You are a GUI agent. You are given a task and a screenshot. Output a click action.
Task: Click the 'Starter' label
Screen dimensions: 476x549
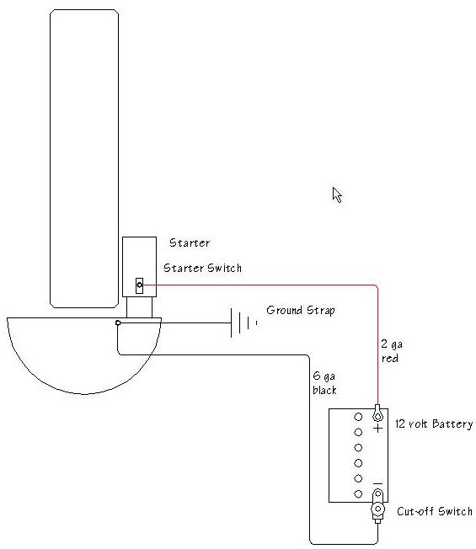click(190, 243)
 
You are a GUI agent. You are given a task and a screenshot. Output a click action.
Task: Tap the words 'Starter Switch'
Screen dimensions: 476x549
click(202, 268)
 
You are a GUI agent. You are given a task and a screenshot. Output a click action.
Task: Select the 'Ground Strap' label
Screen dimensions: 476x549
click(301, 310)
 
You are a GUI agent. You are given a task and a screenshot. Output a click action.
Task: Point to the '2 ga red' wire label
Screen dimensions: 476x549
click(392, 351)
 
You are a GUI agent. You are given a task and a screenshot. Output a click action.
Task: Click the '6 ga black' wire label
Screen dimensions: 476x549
click(324, 382)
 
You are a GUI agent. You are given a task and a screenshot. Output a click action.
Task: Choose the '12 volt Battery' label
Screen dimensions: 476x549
click(434, 424)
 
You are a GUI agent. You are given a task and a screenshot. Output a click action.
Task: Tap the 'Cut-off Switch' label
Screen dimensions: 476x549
click(435, 511)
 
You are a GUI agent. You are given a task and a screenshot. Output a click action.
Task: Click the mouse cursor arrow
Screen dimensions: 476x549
click(337, 195)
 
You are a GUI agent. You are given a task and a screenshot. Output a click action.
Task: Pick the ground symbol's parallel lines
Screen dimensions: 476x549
click(243, 322)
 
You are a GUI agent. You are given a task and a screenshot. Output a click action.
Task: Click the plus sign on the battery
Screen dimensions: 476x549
click(377, 429)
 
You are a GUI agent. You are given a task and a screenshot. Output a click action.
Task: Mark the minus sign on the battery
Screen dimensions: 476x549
click(377, 484)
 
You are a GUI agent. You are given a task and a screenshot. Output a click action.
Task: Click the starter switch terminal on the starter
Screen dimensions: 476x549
click(139, 285)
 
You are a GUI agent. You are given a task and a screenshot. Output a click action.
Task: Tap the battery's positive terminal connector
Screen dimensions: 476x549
click(377, 413)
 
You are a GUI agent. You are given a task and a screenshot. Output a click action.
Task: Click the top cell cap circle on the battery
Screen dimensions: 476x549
click(358, 417)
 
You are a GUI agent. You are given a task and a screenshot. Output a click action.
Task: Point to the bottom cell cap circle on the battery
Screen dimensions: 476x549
click(358, 494)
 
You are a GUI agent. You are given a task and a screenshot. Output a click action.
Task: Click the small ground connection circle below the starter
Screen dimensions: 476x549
click(118, 322)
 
